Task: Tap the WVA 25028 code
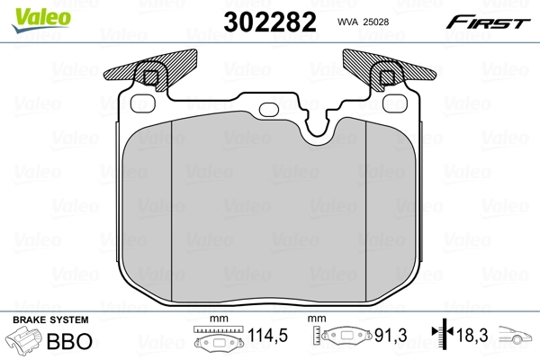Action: [x=362, y=22]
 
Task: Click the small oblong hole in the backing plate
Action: [x=270, y=110]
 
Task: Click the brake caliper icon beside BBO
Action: [x=25, y=342]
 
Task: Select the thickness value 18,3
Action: [x=472, y=337]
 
